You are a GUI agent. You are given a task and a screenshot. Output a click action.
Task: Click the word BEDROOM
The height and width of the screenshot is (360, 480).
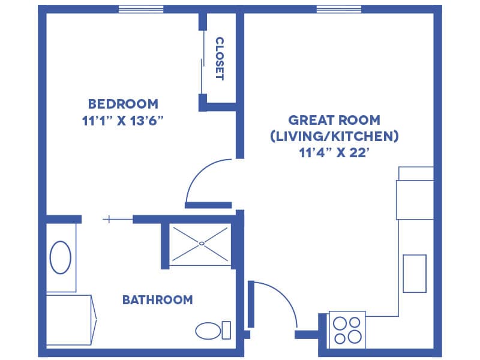[123, 104]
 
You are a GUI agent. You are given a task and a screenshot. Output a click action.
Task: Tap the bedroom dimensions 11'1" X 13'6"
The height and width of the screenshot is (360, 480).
[123, 121]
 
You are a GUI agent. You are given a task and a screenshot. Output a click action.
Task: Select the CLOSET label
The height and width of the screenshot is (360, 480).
[220, 59]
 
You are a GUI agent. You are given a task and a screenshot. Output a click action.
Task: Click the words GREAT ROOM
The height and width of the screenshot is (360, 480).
[334, 120]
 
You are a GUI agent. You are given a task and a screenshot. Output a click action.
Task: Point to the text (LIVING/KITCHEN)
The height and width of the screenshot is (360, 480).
[334, 136]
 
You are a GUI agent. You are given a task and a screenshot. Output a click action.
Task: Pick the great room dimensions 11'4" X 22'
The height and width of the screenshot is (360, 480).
[334, 152]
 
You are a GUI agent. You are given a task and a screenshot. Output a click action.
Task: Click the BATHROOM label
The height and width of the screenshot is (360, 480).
[158, 299]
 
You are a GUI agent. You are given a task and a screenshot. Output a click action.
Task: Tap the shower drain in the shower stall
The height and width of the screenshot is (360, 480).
[202, 244]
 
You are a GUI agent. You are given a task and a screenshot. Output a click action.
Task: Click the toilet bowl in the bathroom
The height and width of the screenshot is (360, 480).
[208, 331]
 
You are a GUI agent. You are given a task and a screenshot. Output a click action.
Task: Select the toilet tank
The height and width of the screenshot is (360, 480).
[226, 330]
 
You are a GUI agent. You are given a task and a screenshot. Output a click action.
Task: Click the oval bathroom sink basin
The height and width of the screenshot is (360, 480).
[61, 257]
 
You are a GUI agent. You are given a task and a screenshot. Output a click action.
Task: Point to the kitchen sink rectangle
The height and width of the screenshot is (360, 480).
[415, 274]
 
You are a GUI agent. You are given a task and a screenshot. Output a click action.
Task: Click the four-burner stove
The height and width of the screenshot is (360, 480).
[347, 330]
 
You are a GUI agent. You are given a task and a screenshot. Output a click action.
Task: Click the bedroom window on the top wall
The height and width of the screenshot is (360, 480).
[141, 9]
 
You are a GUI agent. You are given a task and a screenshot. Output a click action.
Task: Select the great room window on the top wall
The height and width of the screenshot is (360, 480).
[339, 9]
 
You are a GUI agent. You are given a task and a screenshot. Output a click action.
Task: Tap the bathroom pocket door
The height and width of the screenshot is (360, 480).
[118, 219]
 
